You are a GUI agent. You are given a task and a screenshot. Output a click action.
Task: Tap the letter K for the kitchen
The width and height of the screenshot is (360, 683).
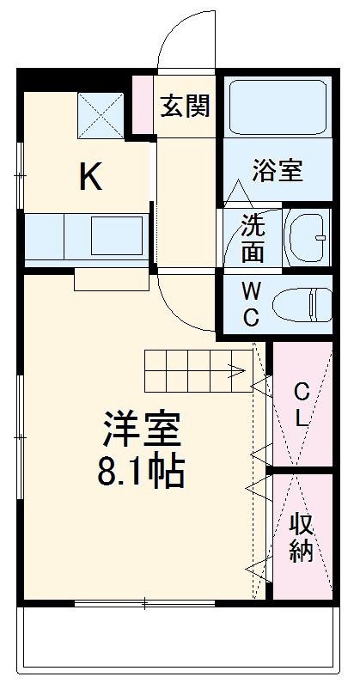[91, 177]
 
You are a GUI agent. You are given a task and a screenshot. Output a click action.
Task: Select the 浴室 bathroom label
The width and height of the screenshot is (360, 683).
[276, 169]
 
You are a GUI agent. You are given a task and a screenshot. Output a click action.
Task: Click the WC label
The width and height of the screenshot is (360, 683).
[251, 303]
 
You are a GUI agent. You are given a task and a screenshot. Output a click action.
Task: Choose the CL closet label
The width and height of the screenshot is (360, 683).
[302, 406]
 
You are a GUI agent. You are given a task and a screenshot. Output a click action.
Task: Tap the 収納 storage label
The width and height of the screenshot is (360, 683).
[302, 537]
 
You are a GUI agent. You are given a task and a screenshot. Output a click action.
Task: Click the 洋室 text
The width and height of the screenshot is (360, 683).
[143, 427]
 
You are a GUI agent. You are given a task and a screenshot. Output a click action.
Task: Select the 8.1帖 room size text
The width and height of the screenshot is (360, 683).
[143, 471]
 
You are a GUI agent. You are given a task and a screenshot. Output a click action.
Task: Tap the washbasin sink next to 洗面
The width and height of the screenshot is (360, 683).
[308, 235]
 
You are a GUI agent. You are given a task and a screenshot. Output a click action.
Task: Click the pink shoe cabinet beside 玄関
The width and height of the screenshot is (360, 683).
[141, 105]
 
